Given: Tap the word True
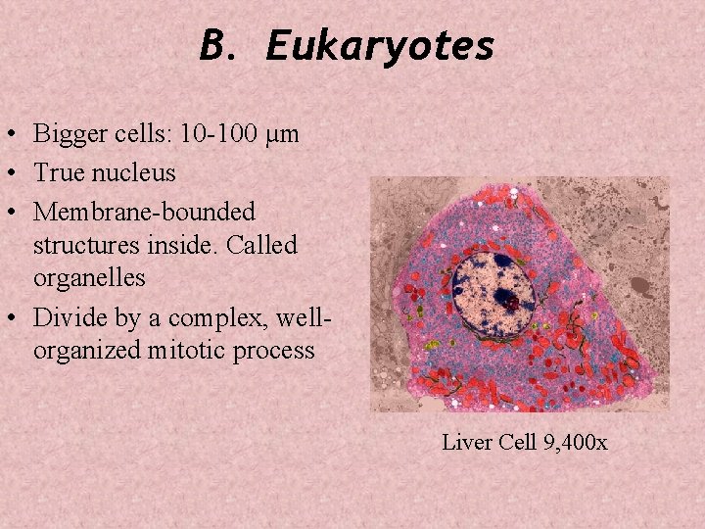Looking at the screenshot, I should pos(57,173).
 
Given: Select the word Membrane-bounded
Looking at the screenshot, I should pos(144,212).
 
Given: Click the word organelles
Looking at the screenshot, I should pos(89,277).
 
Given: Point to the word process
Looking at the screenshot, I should pos(279,351).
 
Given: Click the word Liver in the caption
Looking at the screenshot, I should pos(467,442).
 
